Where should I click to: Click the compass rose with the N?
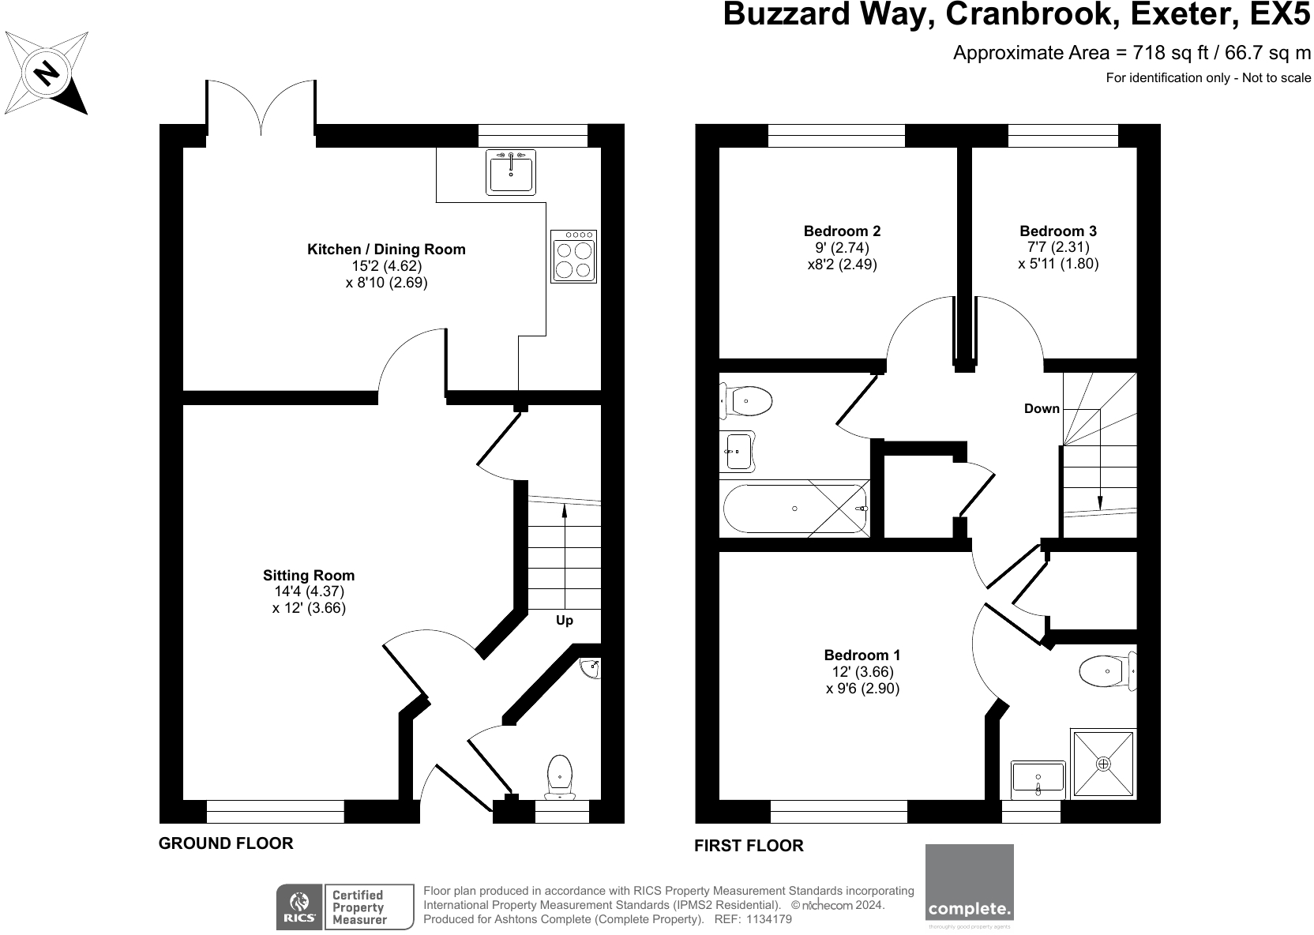coord(47,72)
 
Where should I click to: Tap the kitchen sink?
coord(511,171)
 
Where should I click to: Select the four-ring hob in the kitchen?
coord(573,257)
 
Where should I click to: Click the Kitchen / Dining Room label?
coord(386,250)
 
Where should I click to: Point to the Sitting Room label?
coord(309,576)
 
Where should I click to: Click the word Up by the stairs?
coord(565,621)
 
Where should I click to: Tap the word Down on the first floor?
coord(1042,408)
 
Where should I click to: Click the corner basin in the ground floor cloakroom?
coord(591,669)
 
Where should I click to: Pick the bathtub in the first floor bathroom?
coord(795,509)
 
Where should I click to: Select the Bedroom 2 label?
coord(842,231)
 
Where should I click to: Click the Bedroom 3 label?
coord(1058,231)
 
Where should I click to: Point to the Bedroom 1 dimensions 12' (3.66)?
coord(862,672)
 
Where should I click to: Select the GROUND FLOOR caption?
coord(226,843)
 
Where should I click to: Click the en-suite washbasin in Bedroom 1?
coord(1038,778)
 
